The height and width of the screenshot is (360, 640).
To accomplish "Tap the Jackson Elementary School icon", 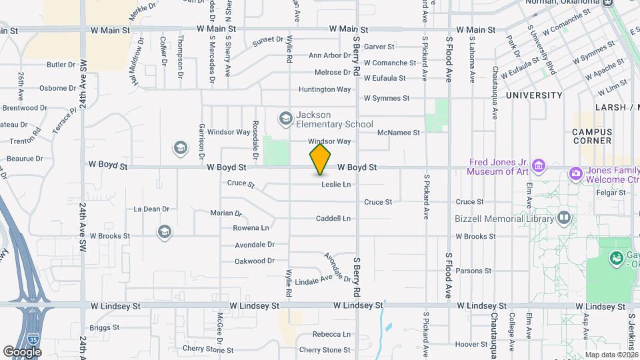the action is coord(286,119).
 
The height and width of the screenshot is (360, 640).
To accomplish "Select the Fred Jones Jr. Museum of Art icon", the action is coord(539,165).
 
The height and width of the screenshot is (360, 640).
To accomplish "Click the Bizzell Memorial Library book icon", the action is coord(563,218).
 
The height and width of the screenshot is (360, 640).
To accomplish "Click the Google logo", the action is coord(22,351).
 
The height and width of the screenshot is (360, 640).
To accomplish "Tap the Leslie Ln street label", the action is coord(336,184).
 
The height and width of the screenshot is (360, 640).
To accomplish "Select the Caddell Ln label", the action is coord(333,218).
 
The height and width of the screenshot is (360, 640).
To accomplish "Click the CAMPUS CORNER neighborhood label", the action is coord(592,136).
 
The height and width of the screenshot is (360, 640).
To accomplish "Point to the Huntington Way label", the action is coord(325,89).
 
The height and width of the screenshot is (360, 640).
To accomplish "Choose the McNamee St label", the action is coord(398,133).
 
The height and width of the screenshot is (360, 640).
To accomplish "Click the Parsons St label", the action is coord(473,271).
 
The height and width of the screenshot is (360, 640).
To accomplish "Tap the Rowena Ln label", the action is coord(251,228).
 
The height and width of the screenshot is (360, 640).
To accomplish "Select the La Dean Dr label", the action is coord(151,209).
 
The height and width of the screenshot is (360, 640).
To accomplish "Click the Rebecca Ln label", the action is coord(331,334).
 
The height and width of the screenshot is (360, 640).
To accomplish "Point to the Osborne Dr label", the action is coord(58,87).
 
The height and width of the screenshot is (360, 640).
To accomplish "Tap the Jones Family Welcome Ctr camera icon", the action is coord(575,173).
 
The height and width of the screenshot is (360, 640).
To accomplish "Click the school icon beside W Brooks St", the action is coord(164,232).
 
